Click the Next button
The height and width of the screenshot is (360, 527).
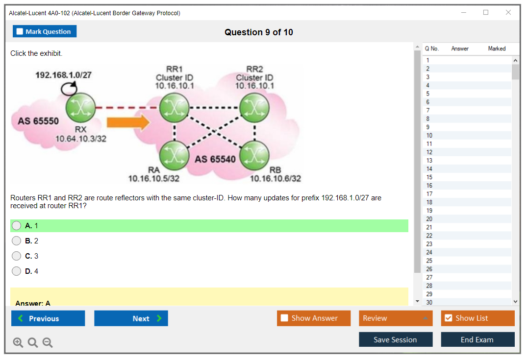131,318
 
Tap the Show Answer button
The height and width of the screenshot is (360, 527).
314,318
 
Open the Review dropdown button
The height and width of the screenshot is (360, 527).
396,318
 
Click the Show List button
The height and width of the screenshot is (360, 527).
477,318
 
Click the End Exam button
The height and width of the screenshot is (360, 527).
477,339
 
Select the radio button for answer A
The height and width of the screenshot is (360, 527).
17,226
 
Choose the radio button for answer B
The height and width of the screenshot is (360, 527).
17,241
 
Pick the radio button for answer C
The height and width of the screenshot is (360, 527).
17,256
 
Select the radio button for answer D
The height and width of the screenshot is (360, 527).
17,271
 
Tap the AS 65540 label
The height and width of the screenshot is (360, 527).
215,159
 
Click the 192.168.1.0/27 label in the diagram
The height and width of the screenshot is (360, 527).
63,75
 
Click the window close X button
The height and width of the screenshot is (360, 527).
508,13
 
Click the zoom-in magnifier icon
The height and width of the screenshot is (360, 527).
18,343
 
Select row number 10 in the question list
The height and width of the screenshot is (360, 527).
429,136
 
